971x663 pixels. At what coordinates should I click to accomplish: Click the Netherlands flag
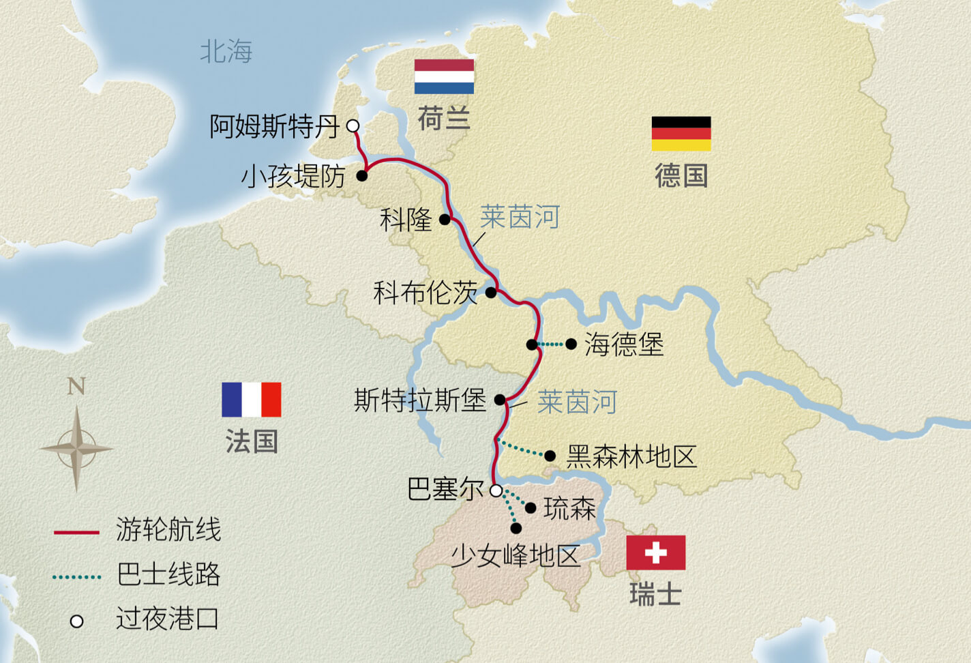[x=444, y=76]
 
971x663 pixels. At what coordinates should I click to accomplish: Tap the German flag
[x=681, y=134]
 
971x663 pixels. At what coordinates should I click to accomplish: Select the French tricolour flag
[x=251, y=400]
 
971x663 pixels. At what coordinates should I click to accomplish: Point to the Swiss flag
[x=655, y=552]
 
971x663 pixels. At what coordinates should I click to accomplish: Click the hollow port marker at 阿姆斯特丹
[x=353, y=126]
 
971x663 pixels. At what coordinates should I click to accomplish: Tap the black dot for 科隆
[x=445, y=220]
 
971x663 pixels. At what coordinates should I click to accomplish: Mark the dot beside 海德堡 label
[x=571, y=344]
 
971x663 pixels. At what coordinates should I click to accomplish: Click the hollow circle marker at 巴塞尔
[x=496, y=490]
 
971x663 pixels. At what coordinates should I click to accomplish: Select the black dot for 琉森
[x=531, y=508]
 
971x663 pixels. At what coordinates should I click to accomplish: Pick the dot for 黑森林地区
[x=550, y=456]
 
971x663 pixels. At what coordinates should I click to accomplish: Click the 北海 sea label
[x=226, y=52]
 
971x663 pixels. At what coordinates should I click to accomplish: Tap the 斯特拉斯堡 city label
[x=419, y=400]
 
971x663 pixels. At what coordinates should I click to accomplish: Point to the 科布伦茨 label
[x=425, y=293]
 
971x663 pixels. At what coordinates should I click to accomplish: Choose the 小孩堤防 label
[x=293, y=177]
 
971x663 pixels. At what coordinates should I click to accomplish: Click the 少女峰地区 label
[x=516, y=557]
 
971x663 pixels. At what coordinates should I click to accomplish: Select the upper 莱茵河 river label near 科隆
[x=519, y=218]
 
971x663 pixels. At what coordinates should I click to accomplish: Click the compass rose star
[x=76, y=449]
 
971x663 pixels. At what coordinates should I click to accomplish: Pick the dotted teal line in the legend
[x=76, y=577]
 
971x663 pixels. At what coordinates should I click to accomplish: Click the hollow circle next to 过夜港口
[x=77, y=621]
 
